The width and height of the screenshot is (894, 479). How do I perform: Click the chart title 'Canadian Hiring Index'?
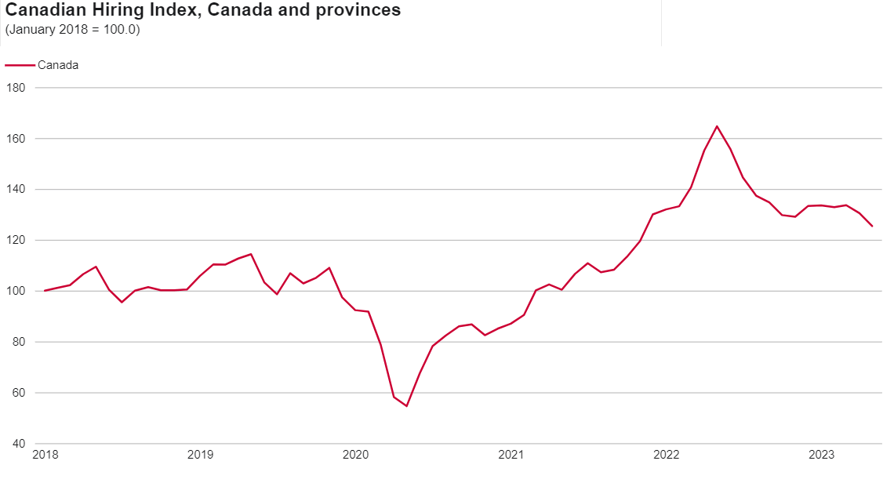(203, 11)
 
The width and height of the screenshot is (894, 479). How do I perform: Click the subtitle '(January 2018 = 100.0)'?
(72, 30)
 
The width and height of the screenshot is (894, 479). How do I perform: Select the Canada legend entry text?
(58, 65)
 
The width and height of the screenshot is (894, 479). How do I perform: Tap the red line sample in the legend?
(20, 65)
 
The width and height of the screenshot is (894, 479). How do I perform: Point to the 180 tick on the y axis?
(16, 88)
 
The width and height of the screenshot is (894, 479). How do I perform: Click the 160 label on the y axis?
(16, 139)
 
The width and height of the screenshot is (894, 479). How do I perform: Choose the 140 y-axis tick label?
(16, 190)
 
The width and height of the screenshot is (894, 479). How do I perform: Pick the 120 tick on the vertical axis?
(16, 241)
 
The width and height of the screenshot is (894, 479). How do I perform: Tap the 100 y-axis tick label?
(16, 292)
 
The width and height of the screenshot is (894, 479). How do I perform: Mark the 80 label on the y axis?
(19, 343)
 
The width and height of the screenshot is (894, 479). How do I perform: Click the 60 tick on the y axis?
(19, 394)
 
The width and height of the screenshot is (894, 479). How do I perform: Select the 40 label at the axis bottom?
(19, 444)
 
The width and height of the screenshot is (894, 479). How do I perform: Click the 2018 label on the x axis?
(45, 455)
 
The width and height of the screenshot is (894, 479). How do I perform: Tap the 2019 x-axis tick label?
(200, 455)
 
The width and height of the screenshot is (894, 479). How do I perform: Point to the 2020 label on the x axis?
(355, 455)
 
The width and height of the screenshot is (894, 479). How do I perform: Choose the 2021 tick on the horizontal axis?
(511, 455)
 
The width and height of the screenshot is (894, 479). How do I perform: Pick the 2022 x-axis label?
(666, 455)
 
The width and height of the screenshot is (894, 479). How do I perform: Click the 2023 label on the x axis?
(821, 455)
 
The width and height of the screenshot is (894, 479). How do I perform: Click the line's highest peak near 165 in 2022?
(717, 126)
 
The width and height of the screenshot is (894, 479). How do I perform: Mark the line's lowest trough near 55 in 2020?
(406, 406)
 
